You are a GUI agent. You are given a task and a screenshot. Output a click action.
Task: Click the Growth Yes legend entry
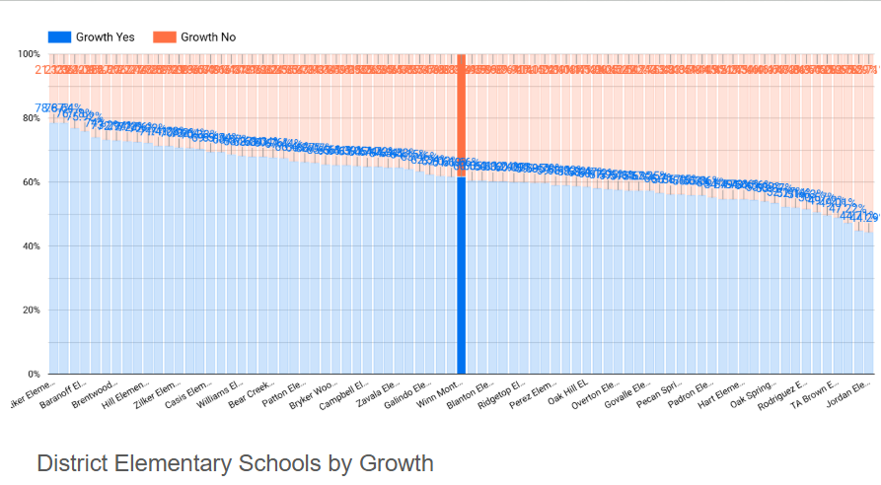[93, 36]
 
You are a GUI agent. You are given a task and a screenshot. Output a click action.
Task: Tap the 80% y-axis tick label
[30, 118]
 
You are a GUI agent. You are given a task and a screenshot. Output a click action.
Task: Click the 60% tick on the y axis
[30, 182]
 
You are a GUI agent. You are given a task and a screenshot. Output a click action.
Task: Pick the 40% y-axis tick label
[30, 246]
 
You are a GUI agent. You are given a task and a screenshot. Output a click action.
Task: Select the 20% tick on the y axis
[30, 311]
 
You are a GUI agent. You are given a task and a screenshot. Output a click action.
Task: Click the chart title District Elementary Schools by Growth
[235, 462]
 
